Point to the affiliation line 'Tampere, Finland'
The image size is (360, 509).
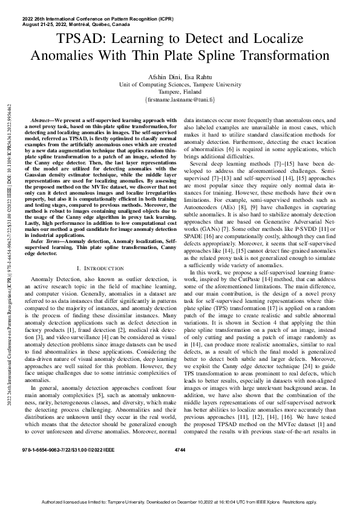point(180,91)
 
